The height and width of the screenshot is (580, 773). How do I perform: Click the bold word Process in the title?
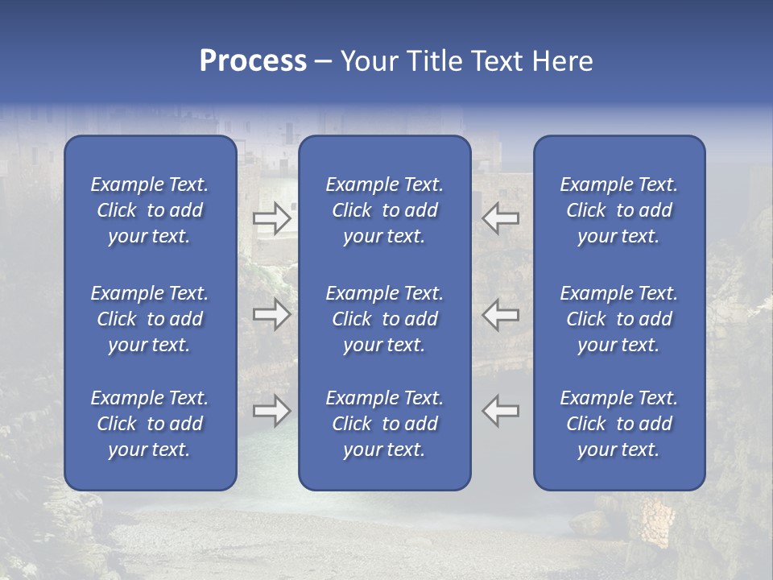pyautogui.click(x=253, y=61)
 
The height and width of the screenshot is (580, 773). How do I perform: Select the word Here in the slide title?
pyautogui.click(x=561, y=61)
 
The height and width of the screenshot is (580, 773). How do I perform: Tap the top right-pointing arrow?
pyautogui.click(x=271, y=218)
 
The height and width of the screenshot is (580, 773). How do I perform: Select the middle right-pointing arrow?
pyautogui.click(x=271, y=314)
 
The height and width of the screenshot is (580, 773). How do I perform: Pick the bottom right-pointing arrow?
pyautogui.click(x=271, y=411)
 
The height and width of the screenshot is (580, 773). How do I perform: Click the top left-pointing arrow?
pyautogui.click(x=500, y=218)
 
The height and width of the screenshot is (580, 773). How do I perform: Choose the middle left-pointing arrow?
pyautogui.click(x=500, y=314)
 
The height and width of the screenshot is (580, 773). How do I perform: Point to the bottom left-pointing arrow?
pyautogui.click(x=500, y=411)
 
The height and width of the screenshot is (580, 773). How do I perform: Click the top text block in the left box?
pyautogui.click(x=150, y=210)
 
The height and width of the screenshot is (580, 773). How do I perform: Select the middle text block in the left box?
pyautogui.click(x=150, y=319)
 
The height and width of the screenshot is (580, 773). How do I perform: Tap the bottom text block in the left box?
pyautogui.click(x=150, y=424)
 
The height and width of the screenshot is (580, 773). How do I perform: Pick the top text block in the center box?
pyautogui.click(x=384, y=210)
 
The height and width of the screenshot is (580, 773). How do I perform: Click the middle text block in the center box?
pyautogui.click(x=384, y=319)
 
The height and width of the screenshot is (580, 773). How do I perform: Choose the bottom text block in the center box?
pyautogui.click(x=384, y=424)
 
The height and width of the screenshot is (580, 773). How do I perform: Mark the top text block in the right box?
pyautogui.click(x=618, y=210)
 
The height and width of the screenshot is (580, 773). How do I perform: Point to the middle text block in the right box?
pyautogui.click(x=618, y=319)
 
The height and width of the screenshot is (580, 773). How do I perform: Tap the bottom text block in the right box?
pyautogui.click(x=618, y=424)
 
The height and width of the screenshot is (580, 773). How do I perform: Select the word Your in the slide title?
pyautogui.click(x=369, y=61)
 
